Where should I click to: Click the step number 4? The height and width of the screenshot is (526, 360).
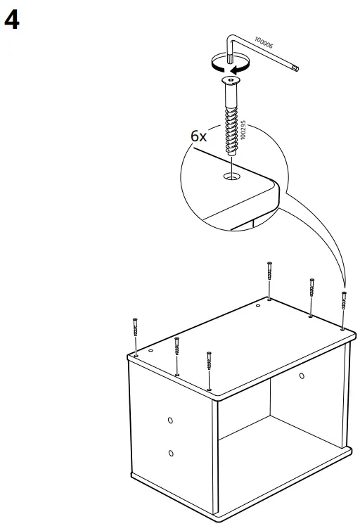point(11,20)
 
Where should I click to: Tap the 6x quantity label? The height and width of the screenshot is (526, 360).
point(199,136)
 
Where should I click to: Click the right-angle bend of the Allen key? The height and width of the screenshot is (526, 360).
point(231,40)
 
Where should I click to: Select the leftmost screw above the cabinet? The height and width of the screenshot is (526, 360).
point(134,335)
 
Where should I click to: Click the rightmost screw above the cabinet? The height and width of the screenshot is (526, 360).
point(343,308)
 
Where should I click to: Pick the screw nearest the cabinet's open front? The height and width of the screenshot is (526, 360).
point(209,368)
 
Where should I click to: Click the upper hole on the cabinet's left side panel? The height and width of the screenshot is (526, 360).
point(170,420)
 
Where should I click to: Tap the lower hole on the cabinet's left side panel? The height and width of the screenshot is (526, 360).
point(170,453)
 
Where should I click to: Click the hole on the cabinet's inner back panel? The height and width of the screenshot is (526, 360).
point(302,376)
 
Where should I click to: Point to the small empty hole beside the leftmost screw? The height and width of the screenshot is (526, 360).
point(151,349)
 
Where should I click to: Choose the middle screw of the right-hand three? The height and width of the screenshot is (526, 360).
point(311,295)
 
